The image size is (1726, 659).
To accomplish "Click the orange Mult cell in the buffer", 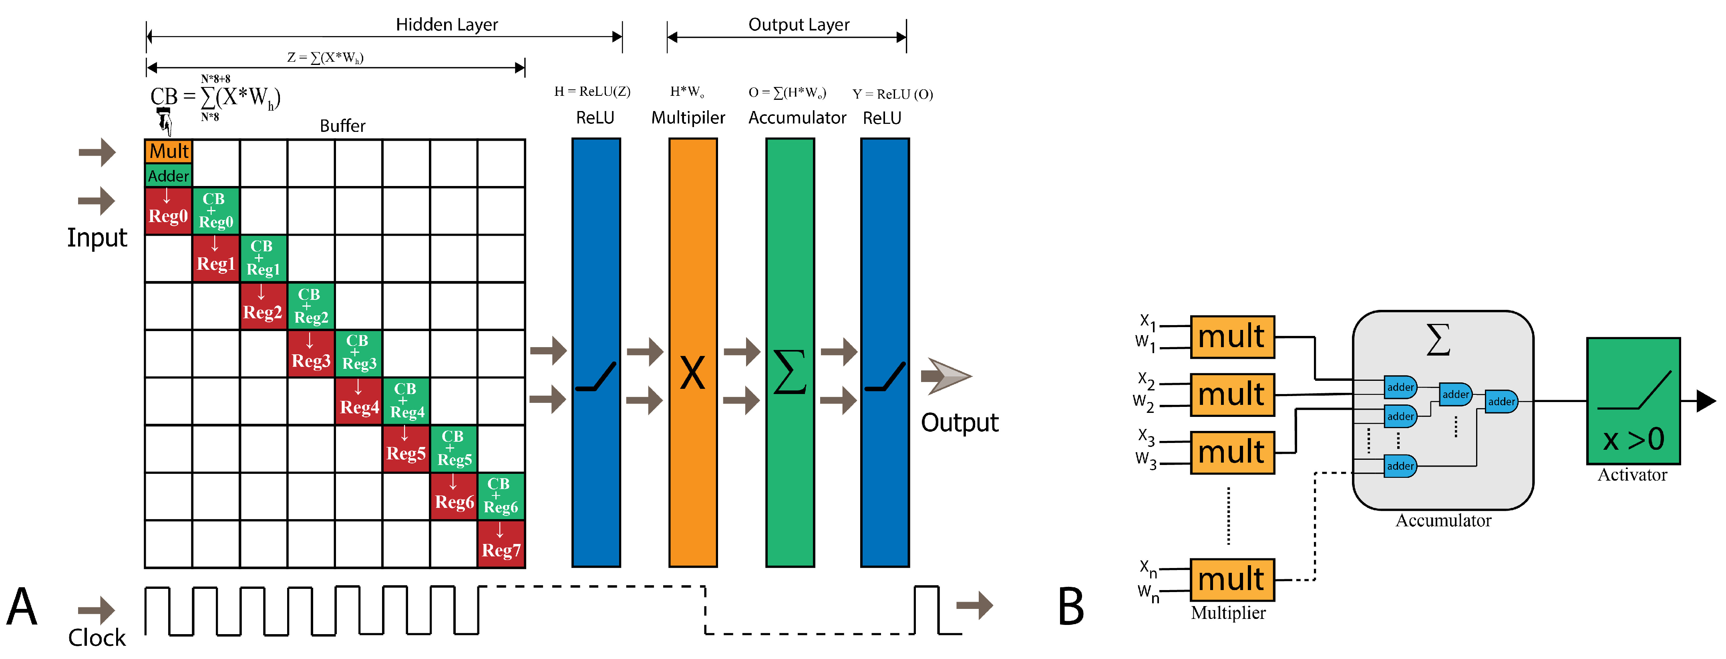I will tap(168, 152).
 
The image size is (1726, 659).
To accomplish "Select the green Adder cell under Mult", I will tap(168, 176).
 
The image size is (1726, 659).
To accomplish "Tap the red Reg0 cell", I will tap(168, 210).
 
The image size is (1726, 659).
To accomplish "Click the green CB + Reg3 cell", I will tap(358, 353).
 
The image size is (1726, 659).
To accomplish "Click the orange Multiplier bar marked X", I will tap(693, 353).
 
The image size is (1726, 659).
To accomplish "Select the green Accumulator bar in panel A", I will tap(790, 353).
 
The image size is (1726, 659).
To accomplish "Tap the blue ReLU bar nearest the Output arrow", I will tap(885, 353).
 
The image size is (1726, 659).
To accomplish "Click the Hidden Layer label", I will tap(447, 25).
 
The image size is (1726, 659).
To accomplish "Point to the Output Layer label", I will tap(799, 25).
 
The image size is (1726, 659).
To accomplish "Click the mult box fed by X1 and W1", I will tap(1231, 337).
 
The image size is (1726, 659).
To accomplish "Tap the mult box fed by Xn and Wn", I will tap(1231, 579).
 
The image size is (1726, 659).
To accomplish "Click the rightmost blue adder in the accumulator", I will tap(1501, 402).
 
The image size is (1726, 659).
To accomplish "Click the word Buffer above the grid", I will tap(342, 126).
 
